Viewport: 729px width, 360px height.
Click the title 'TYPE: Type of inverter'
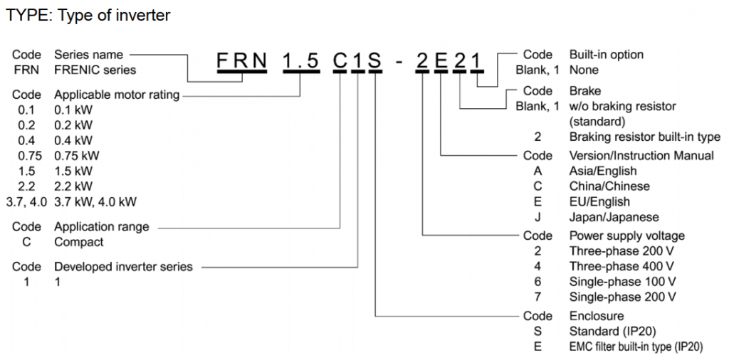(x=88, y=15)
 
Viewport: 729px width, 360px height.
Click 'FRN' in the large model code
(x=242, y=62)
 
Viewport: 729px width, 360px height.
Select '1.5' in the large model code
(x=300, y=62)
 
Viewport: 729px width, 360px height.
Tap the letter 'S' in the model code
(x=374, y=62)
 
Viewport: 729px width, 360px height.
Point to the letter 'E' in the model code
(x=441, y=62)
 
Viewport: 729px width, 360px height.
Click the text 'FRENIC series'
(x=95, y=70)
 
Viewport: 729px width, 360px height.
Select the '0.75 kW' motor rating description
(x=77, y=155)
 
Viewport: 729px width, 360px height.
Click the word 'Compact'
(x=79, y=242)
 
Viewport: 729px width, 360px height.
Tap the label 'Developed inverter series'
(x=123, y=266)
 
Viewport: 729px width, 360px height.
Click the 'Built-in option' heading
(x=606, y=55)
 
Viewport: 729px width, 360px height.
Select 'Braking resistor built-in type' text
(x=644, y=137)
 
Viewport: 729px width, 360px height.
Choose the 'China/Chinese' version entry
(x=609, y=186)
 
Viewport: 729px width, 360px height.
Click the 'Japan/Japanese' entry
(x=614, y=217)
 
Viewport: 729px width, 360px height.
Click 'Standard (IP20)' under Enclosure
(x=612, y=331)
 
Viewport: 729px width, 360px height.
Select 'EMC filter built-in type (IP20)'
(x=636, y=346)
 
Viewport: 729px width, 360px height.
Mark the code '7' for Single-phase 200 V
(x=538, y=297)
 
